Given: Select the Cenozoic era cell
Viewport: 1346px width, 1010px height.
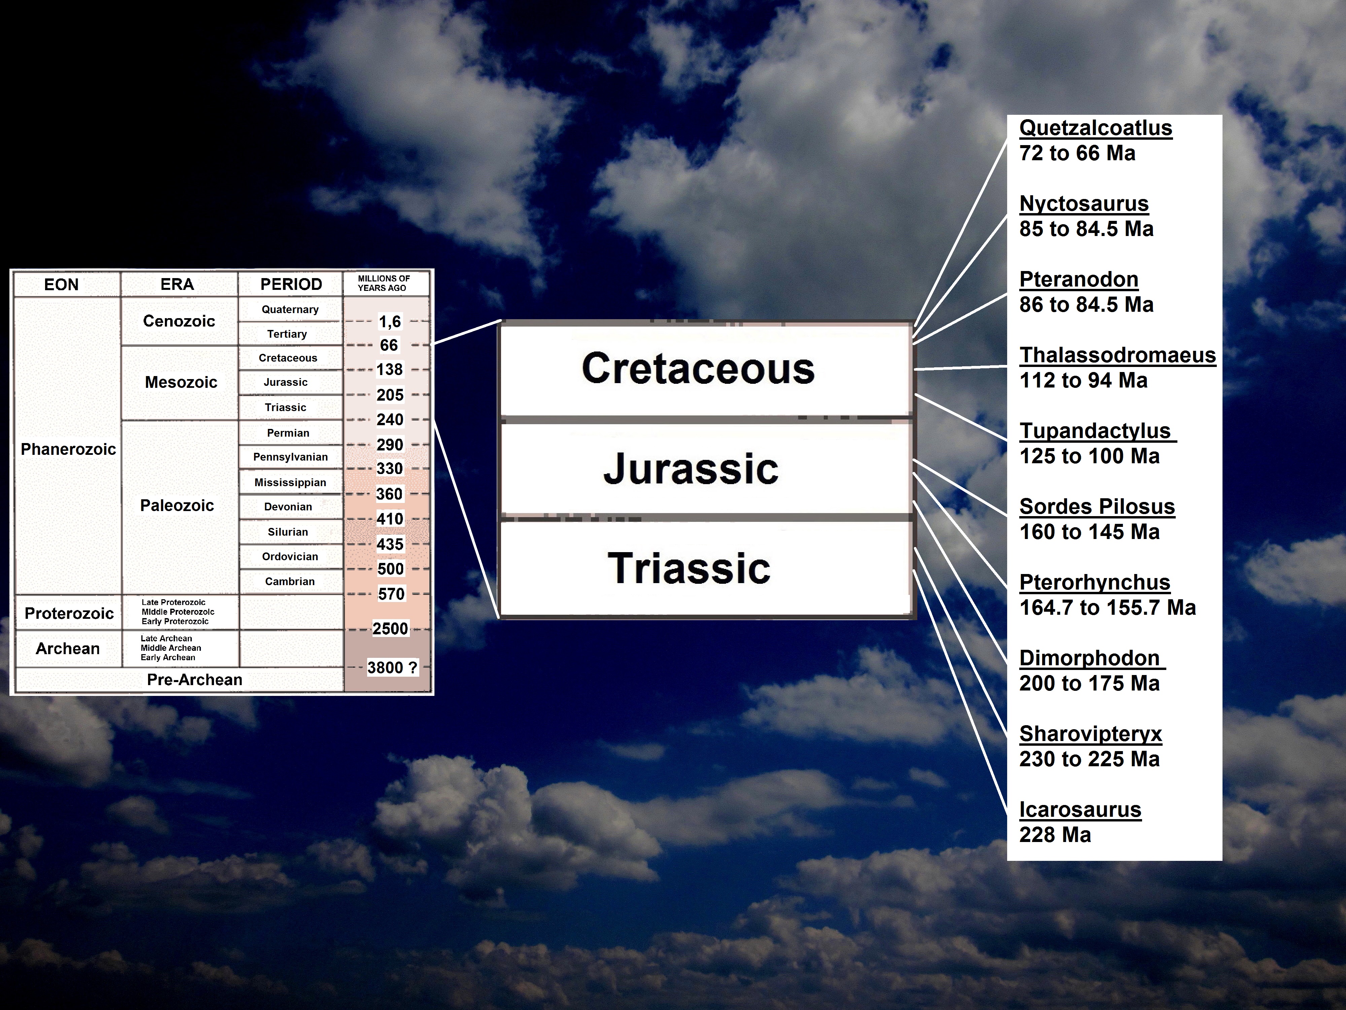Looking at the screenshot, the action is (179, 321).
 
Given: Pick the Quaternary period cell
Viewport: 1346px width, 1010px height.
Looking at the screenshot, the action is (290, 309).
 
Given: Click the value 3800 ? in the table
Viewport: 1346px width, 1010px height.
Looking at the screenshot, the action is (392, 668).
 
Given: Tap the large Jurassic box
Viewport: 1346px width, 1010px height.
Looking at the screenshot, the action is (706, 468).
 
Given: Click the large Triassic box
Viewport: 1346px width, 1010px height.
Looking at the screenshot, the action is (706, 568).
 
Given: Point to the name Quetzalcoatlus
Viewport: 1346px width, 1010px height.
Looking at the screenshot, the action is (1095, 128).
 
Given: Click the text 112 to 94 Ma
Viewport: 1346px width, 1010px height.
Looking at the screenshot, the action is (1083, 380).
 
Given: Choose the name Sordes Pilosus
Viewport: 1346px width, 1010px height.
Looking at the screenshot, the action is (1097, 507).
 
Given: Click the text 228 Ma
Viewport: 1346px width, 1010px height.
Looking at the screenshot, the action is (1055, 835).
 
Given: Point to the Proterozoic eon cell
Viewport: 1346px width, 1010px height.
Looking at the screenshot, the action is (69, 613).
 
